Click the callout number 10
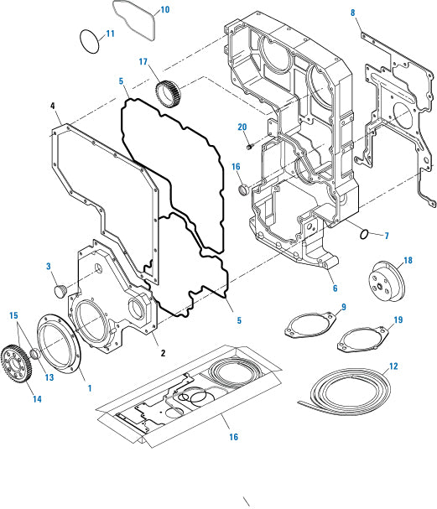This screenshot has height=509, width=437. click(x=164, y=10)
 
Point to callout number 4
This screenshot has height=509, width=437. click(x=53, y=106)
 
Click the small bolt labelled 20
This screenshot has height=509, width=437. click(x=250, y=147)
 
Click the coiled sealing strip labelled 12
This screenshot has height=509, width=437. click(x=344, y=387)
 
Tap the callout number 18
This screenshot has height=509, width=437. click(x=408, y=262)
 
